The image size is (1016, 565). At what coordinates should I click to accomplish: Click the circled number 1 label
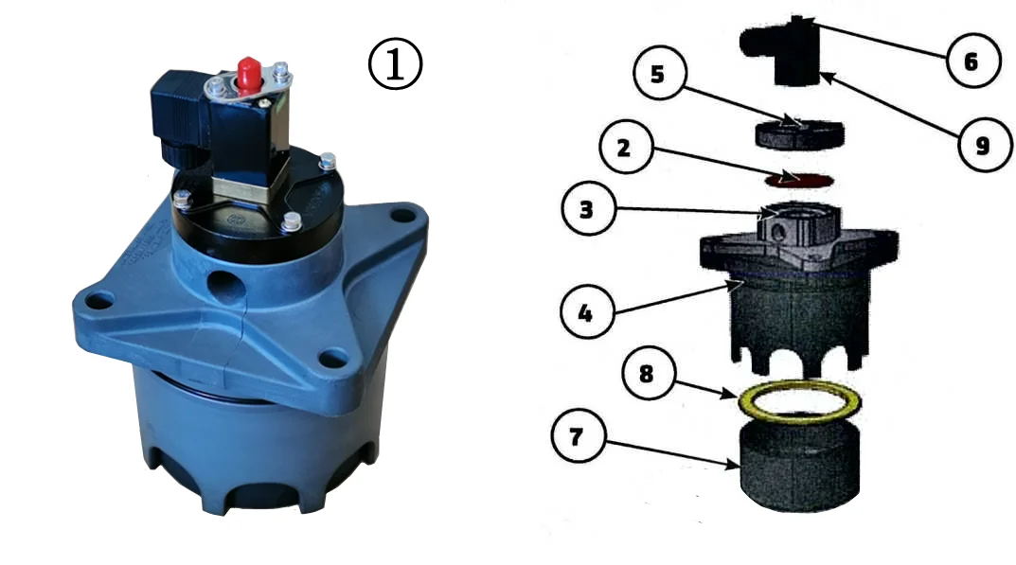(395, 64)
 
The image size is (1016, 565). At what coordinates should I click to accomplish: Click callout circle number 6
(971, 61)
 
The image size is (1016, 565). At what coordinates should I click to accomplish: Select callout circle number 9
(984, 145)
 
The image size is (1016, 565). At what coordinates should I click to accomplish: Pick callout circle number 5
(659, 73)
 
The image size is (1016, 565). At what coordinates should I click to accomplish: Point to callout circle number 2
(625, 148)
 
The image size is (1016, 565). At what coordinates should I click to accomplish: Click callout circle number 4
(586, 313)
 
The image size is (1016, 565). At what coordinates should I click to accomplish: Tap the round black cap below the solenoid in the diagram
(799, 134)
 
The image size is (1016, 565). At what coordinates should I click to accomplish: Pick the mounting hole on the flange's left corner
(99, 301)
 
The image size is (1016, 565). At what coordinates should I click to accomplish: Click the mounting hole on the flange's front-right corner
(334, 357)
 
